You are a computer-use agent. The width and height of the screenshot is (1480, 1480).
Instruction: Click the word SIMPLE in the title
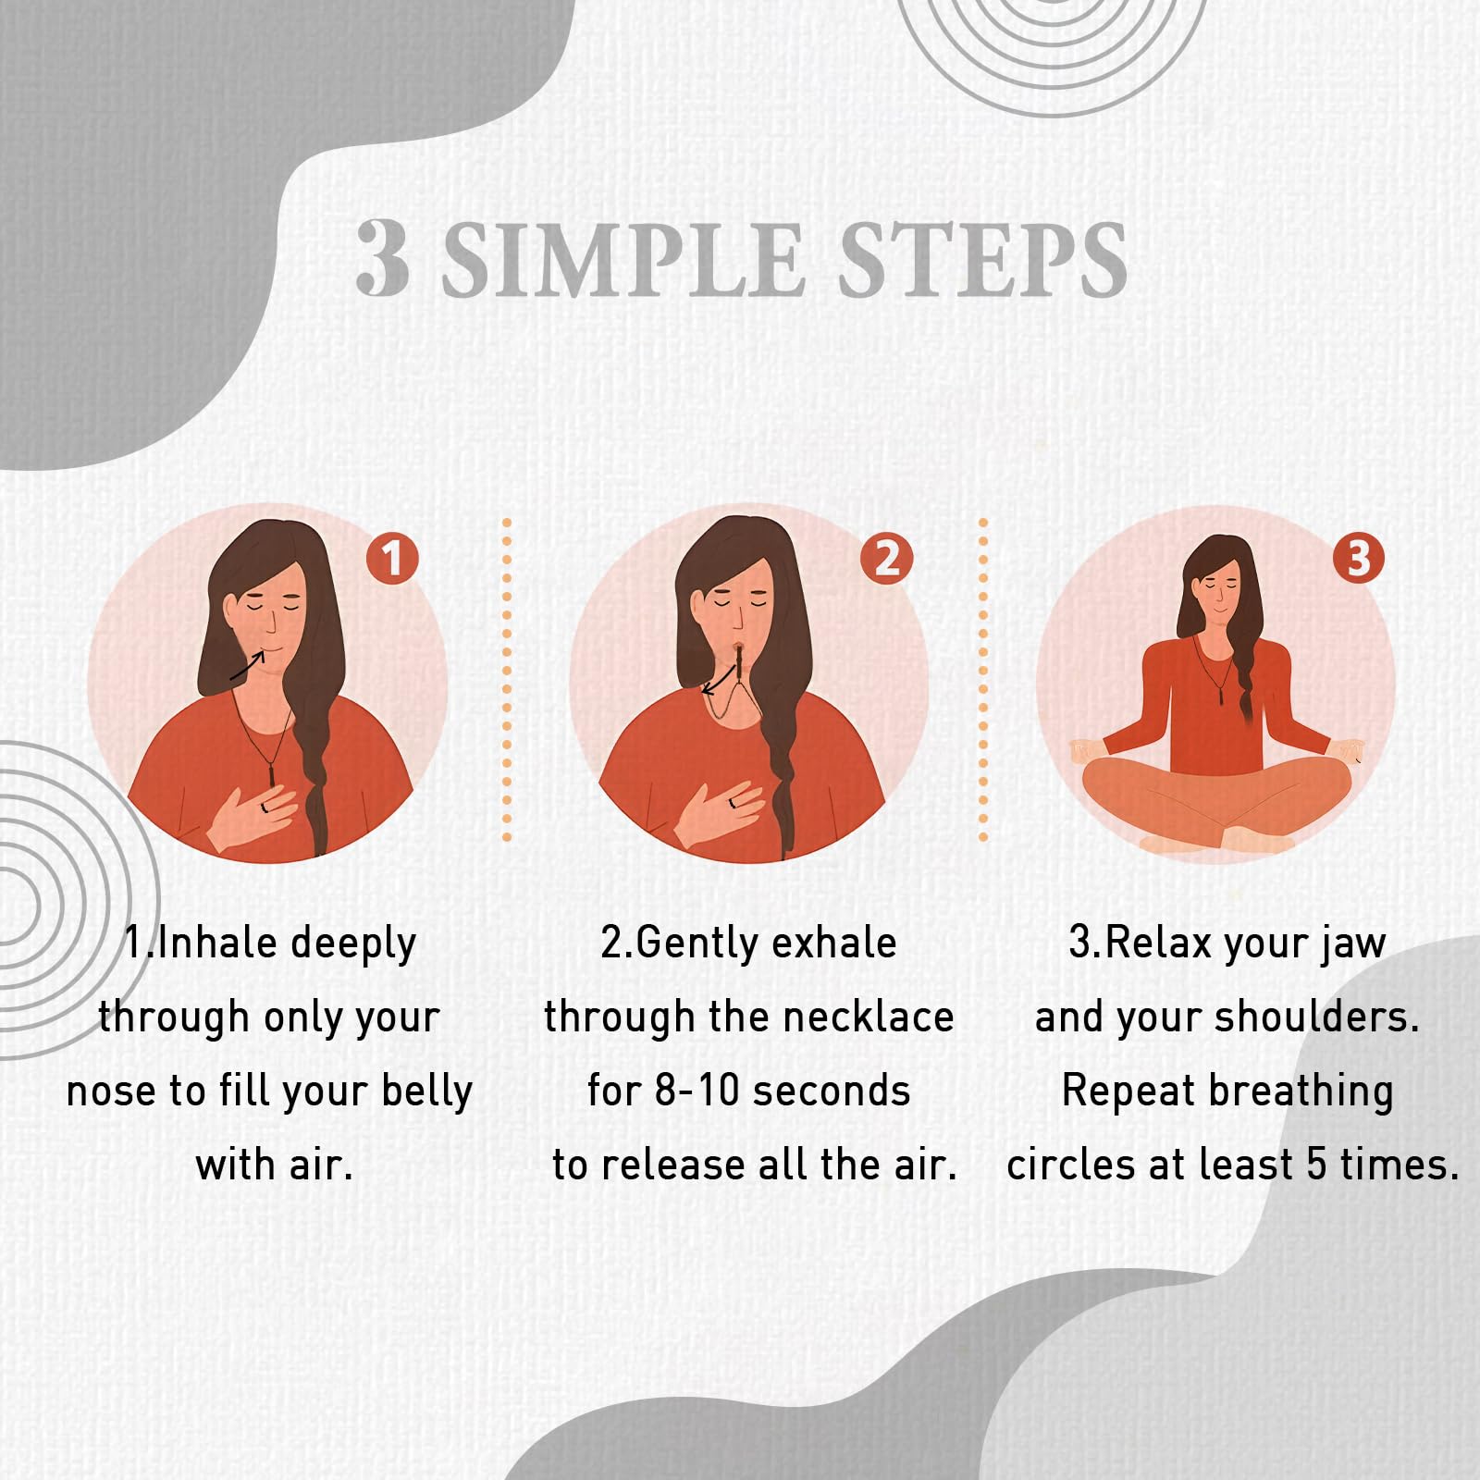tap(622, 260)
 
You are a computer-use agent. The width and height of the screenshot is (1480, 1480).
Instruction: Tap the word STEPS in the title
tap(981, 260)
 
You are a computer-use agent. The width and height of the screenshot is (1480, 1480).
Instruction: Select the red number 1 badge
tap(392, 558)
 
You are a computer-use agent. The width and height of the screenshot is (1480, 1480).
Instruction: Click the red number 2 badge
tap(886, 558)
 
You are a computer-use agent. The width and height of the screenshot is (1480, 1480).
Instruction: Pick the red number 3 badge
tap(1358, 558)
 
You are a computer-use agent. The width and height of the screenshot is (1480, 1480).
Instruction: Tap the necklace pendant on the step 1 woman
tap(272, 767)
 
